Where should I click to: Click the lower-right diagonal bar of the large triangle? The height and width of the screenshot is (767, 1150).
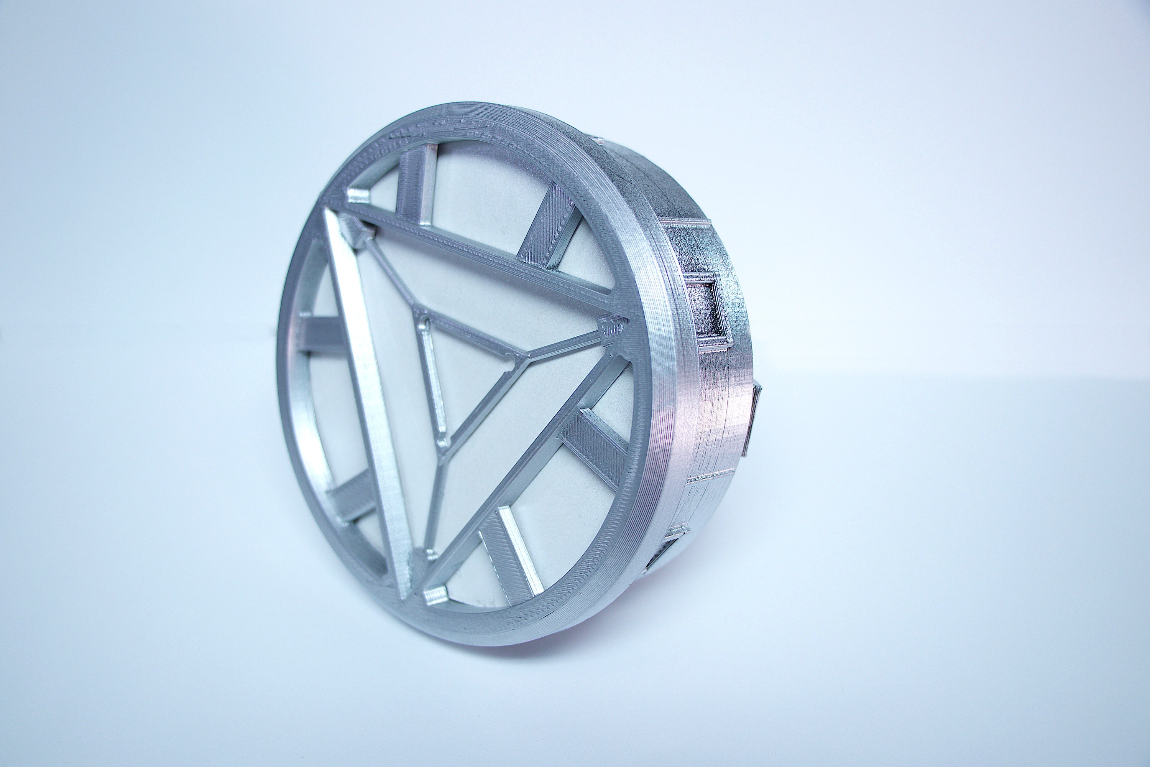click(x=518, y=469)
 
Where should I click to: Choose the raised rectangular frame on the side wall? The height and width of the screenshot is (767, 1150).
click(x=704, y=308)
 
